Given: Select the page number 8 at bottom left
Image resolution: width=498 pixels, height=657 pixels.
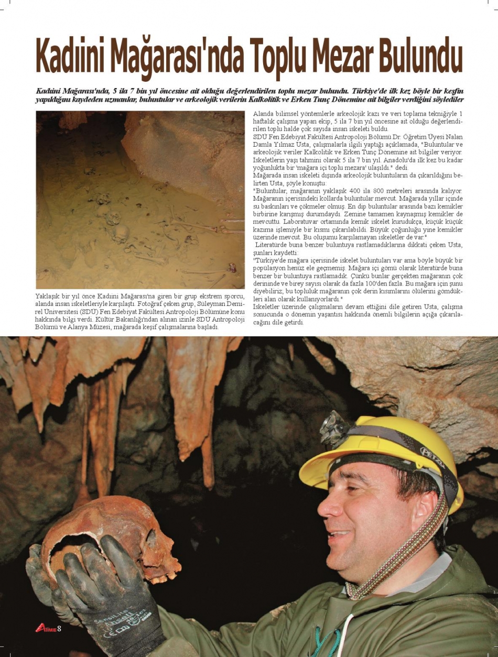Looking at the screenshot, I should click(60, 628).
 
